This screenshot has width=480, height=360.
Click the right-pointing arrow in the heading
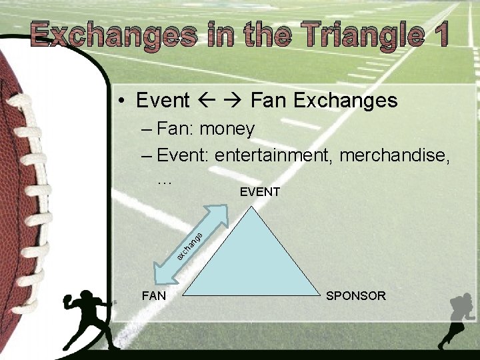[235, 101]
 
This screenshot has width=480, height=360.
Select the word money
[227, 128]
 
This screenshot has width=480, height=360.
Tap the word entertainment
[274, 155]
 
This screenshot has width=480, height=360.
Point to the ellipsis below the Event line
[164, 179]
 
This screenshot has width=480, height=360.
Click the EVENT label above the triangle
[259, 192]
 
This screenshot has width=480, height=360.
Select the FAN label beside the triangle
[154, 295]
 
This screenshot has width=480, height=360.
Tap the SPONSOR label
[355, 295]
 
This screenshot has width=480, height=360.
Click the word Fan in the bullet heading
[269, 101]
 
